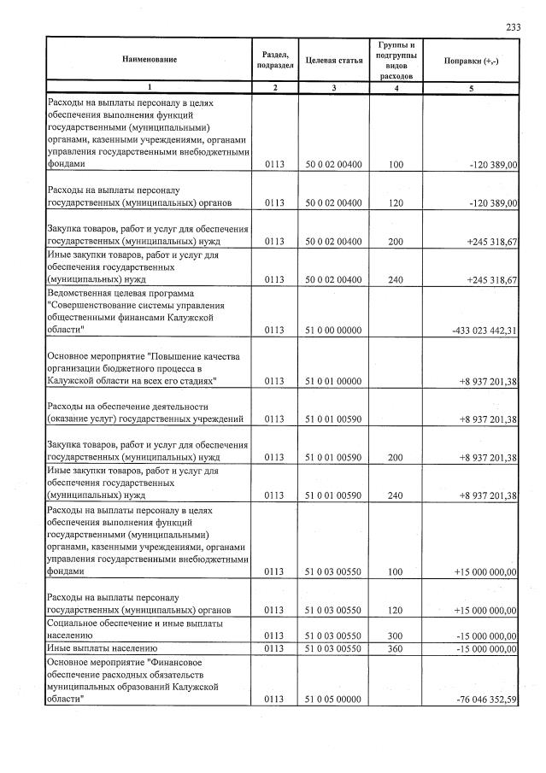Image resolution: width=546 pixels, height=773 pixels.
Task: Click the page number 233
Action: pos(513,27)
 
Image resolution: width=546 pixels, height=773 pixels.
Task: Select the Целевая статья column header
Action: pos(333,60)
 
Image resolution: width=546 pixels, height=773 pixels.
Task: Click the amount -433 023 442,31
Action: pos(476,329)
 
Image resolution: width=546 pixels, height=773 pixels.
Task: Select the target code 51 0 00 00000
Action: pos(333,329)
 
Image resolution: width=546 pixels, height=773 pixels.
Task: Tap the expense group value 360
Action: pos(395,649)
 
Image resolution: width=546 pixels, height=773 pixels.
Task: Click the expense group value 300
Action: pos(395,635)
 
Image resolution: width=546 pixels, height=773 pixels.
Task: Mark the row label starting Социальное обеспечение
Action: pos(124,630)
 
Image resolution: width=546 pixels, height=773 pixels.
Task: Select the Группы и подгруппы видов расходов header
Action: pos(395,60)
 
